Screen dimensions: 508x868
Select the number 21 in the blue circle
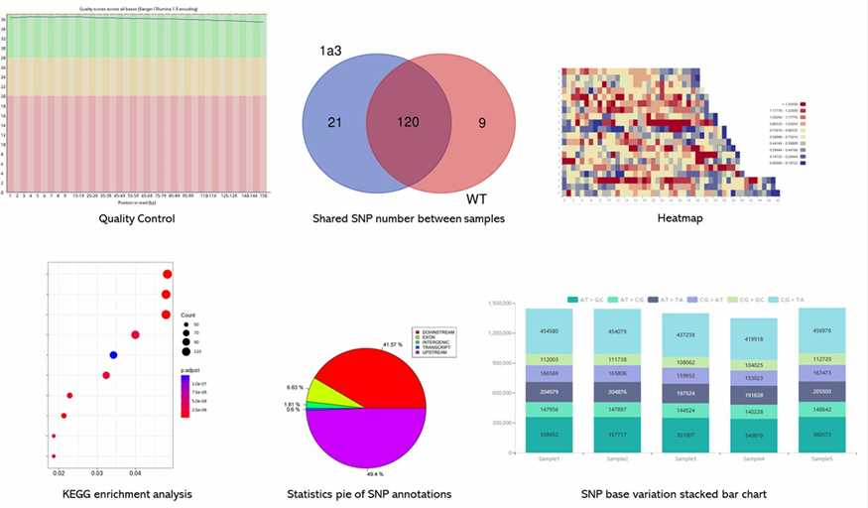tap(334, 122)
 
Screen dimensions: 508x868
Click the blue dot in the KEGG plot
tap(113, 354)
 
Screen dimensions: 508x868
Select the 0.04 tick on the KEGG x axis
tap(135, 474)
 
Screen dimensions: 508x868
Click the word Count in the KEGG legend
tap(187, 315)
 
